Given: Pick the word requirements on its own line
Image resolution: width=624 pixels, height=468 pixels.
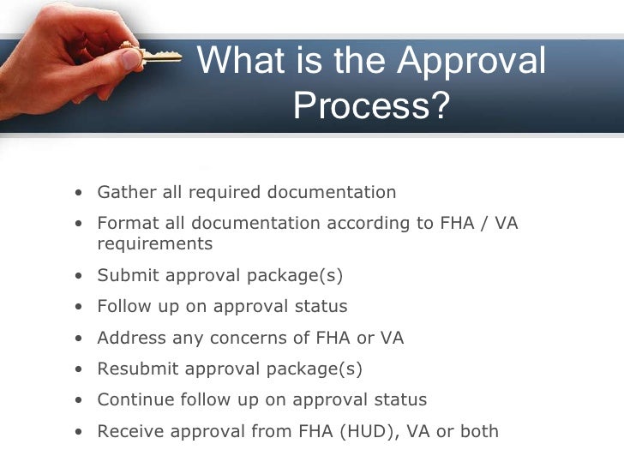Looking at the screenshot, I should (154, 243).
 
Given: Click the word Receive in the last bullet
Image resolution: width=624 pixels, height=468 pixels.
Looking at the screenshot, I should (130, 430).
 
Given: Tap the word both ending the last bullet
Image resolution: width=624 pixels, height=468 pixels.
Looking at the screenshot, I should (479, 430).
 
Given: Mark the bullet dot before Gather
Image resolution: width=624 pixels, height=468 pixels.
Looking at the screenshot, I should (79, 193).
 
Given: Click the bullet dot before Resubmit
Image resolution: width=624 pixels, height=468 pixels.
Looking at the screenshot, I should (79, 369).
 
